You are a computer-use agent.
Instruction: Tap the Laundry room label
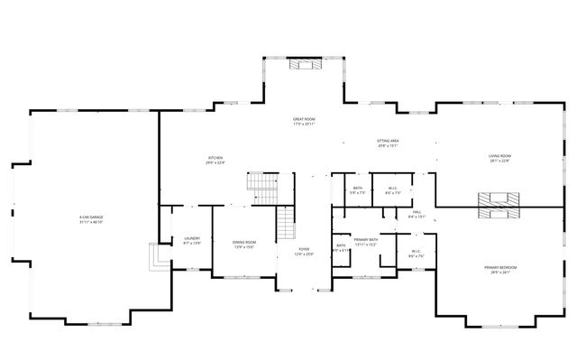[x=192, y=238]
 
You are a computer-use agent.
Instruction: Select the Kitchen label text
[x=215, y=158]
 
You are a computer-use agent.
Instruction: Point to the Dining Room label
[x=244, y=242]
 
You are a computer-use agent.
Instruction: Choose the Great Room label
[x=303, y=119]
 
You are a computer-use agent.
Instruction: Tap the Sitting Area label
[x=388, y=141]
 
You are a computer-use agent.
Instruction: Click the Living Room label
[x=499, y=157]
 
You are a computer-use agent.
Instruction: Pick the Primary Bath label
[x=365, y=239]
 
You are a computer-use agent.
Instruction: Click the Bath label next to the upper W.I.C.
[x=358, y=188]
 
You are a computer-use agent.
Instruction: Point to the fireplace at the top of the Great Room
[x=299, y=64]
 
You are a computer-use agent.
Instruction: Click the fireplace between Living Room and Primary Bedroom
[x=494, y=206]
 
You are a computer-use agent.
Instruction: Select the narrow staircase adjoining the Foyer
[x=286, y=223]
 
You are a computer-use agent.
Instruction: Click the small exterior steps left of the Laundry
[x=158, y=258]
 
